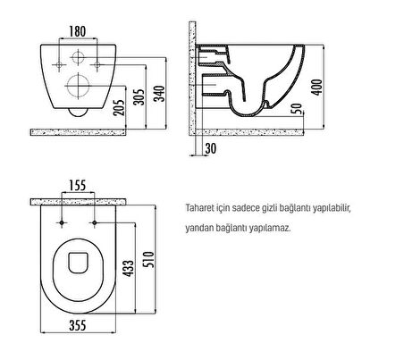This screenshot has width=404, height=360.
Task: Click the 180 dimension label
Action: pyautogui.click(x=78, y=31)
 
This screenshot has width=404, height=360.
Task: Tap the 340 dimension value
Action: pyautogui.click(x=160, y=94)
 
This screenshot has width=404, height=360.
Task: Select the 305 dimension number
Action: pyautogui.click(x=139, y=97)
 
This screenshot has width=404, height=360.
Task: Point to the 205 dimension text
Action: pyautogui.click(x=120, y=107)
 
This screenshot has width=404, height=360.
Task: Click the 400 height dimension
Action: pyautogui.click(x=317, y=88)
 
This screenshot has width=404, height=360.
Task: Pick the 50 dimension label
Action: pyautogui.click(x=297, y=109)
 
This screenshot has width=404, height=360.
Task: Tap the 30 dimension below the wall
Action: pyautogui.click(x=211, y=148)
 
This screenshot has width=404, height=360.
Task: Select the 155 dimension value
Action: pyautogui.click(x=78, y=186)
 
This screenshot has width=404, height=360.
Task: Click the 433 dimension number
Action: pyautogui.click(x=129, y=268)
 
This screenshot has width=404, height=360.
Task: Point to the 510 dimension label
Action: pyautogui.click(x=149, y=260)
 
